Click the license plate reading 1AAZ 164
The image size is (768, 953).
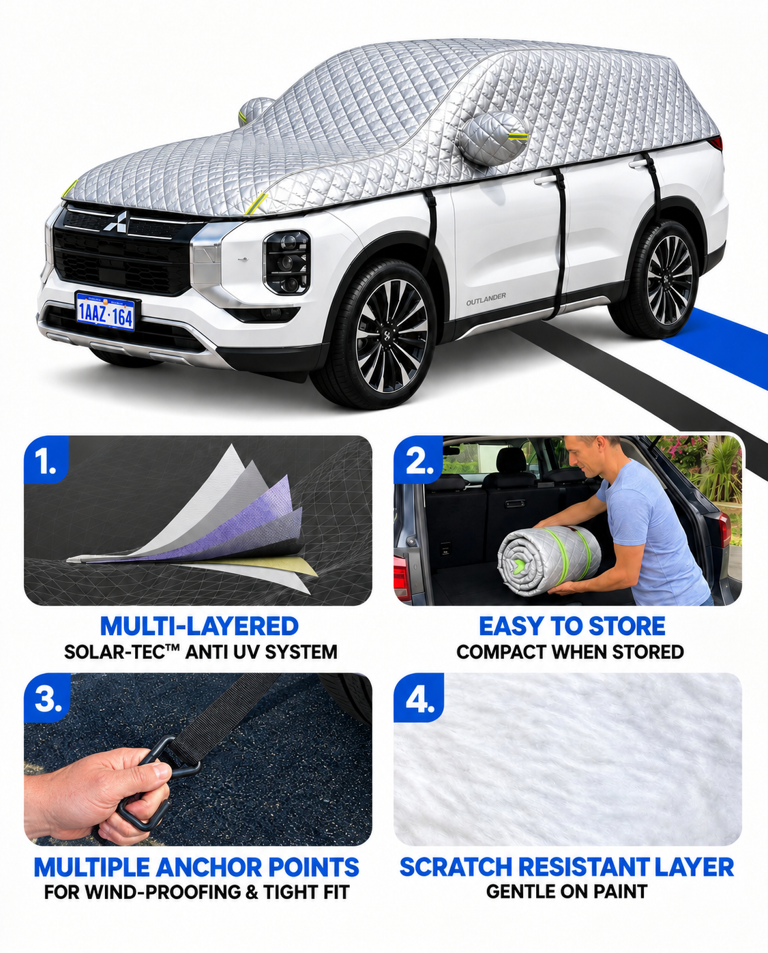(106, 311)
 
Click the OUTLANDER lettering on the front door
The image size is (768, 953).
(486, 299)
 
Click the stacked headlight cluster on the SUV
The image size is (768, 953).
(287, 263)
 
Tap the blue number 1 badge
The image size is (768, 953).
(46, 460)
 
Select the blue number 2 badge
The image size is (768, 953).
(417, 460)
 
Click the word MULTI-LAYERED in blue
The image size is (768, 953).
(199, 626)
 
